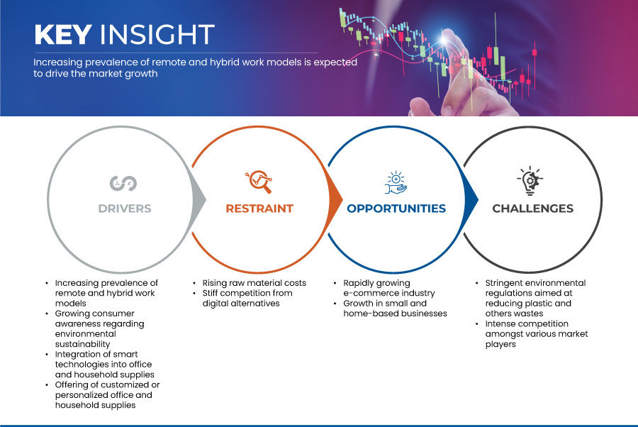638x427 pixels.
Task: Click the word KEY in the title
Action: (x=62, y=34)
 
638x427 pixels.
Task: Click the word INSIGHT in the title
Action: (x=157, y=34)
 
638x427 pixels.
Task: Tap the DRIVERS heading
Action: (x=125, y=209)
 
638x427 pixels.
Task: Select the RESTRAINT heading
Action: (x=259, y=209)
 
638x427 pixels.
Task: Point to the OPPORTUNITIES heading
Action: (x=396, y=209)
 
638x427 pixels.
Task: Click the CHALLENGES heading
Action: (x=532, y=209)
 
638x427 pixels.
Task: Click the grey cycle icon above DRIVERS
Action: (x=123, y=183)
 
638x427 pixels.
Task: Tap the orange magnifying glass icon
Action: (x=259, y=182)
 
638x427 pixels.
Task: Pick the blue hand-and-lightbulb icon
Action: (x=396, y=183)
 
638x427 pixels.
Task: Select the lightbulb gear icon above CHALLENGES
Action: (x=530, y=181)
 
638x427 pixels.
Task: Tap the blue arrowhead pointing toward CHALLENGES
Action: (x=471, y=199)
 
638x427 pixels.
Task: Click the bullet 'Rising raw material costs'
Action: (x=254, y=283)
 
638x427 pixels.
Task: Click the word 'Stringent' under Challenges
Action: (x=505, y=283)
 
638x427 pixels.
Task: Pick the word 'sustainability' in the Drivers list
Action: (x=83, y=345)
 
